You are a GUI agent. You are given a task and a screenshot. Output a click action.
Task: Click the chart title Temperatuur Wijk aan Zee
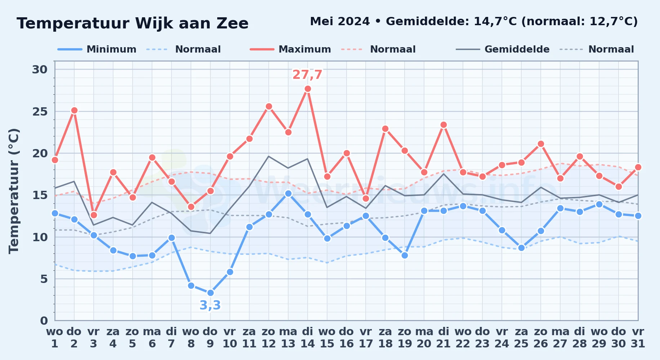pyautogui.click(x=133, y=23)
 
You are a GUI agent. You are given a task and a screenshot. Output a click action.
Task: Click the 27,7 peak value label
pyautogui.click(x=307, y=75)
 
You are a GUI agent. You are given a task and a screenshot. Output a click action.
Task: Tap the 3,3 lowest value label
pyautogui.click(x=210, y=305)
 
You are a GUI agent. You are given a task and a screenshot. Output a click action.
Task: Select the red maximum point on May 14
pyautogui.click(x=308, y=89)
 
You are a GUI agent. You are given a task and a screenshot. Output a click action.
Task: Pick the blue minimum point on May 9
pyautogui.click(x=210, y=293)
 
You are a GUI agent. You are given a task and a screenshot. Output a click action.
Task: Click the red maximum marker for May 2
pyautogui.click(x=74, y=111)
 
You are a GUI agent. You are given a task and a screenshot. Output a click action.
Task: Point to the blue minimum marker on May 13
pyautogui.click(x=288, y=193)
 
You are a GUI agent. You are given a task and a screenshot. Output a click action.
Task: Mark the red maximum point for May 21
pyautogui.click(x=443, y=125)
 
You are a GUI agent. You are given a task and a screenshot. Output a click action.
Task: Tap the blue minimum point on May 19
pyautogui.click(x=405, y=255)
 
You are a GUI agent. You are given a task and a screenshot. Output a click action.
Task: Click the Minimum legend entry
pyautogui.click(x=97, y=49)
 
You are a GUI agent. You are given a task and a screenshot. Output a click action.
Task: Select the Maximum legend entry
pyautogui.click(x=290, y=49)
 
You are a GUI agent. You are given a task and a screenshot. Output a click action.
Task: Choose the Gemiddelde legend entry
pyautogui.click(x=503, y=49)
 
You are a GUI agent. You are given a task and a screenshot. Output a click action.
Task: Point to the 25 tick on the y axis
pyautogui.click(x=40, y=112)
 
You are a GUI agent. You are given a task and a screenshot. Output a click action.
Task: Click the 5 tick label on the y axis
pyautogui.click(x=44, y=279)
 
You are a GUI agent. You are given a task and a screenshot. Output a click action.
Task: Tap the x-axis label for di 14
pyautogui.click(x=308, y=338)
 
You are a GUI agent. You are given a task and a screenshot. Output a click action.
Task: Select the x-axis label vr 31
pyautogui.click(x=638, y=338)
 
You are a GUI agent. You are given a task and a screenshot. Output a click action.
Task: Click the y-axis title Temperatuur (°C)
pyautogui.click(x=14, y=191)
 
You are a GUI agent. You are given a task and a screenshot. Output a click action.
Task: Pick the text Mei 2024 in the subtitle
pyautogui.click(x=340, y=22)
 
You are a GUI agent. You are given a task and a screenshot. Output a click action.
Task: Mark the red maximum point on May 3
pyautogui.click(x=94, y=215)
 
